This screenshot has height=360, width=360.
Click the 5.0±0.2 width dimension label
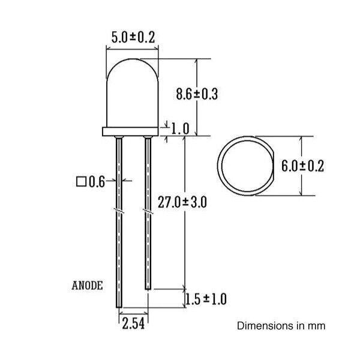coord(133,37)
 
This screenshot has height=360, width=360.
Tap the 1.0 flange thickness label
coord(179,128)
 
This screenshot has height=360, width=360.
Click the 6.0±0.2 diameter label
coord(302,166)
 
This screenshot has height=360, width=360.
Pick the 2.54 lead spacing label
coord(133,325)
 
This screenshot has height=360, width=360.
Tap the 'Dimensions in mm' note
coord(281,326)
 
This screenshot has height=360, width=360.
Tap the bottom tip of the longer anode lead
coord(119,310)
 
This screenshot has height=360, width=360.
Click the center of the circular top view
coord(246,166)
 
